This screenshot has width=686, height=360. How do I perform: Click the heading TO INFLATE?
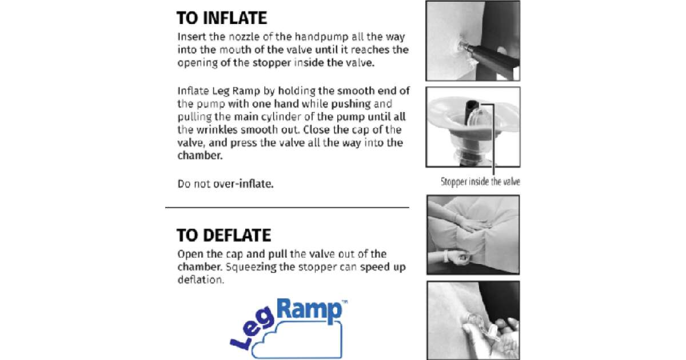tap(222, 18)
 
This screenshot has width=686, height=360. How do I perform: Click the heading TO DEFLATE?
tap(224, 235)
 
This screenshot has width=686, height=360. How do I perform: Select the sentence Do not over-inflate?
tap(225, 184)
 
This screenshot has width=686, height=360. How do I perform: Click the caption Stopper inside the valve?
tap(480, 182)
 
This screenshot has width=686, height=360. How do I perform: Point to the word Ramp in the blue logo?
tap(309, 310)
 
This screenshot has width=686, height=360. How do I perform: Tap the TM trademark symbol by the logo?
tap(345, 302)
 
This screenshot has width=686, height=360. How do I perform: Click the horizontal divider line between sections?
tap(287, 207)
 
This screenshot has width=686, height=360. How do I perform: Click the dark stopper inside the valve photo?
tap(471, 112)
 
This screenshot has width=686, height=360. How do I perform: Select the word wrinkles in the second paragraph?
tap(217, 130)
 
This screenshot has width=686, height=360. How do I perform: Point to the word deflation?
tap(201, 280)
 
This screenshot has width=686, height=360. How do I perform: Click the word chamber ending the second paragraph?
tap(200, 155)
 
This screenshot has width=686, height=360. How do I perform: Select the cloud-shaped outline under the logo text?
tap(297, 339)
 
